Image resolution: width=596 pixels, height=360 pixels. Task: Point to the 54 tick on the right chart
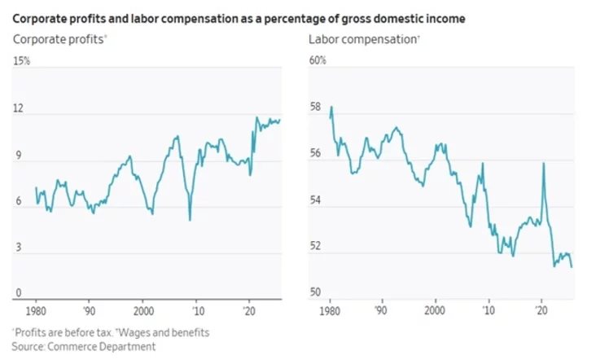(315, 200)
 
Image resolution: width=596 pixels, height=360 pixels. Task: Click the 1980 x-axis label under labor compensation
(330, 311)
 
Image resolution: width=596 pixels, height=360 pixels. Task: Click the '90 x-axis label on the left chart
(90, 311)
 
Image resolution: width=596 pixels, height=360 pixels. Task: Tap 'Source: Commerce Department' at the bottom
(84, 347)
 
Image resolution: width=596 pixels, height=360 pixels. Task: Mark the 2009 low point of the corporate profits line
(190, 220)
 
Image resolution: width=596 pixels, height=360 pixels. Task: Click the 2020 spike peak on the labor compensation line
(543, 164)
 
